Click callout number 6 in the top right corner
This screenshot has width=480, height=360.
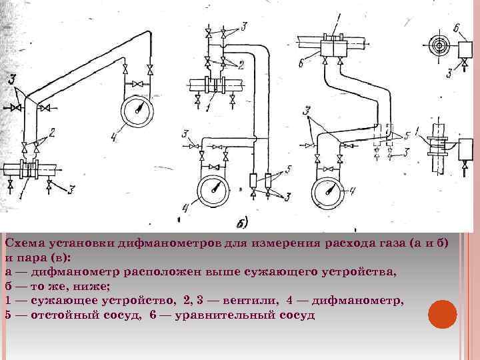(x=457, y=27)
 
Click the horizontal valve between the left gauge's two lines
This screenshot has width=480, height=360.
(x=137, y=84)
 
